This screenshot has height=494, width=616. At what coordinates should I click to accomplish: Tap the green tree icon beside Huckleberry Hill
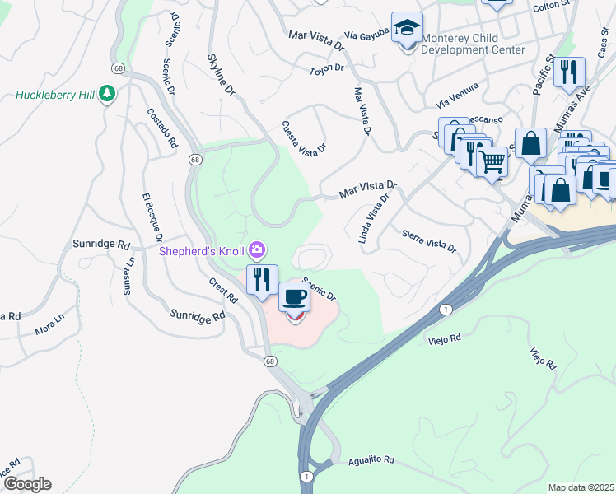coord(106,95)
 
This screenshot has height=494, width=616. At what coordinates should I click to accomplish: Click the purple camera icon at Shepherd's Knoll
coord(257,249)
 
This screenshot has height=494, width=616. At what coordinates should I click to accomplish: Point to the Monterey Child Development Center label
coord(473,44)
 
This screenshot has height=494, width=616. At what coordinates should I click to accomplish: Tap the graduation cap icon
coord(407,29)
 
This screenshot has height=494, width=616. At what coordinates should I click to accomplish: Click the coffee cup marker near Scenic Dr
coord(294,296)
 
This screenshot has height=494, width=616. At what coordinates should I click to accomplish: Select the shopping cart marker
coord(492,163)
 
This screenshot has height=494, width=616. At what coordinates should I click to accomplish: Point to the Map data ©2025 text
coord(581,487)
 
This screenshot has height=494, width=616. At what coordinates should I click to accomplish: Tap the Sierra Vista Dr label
coord(429,240)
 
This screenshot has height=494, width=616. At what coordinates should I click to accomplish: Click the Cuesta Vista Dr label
coord(304,137)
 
